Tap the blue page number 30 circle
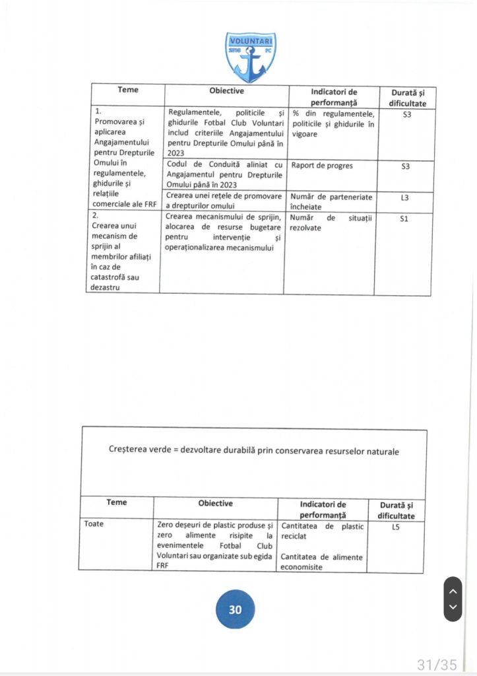pyautogui.click(x=236, y=609)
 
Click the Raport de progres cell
pyautogui.click(x=322, y=166)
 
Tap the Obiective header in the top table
pyautogui.click(x=226, y=90)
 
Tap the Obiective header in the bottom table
pyautogui.click(x=215, y=503)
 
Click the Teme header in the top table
pyautogui.click(x=128, y=90)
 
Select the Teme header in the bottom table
pyautogui.click(x=117, y=502)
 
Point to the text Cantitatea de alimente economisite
pyautogui.click(x=321, y=562)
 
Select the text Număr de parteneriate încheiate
pyautogui.click(x=331, y=201)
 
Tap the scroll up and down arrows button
pyautogui.click(x=453, y=599)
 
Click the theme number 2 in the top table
pyautogui.click(x=96, y=215)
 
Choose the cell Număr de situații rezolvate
pyautogui.click(x=331, y=222)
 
